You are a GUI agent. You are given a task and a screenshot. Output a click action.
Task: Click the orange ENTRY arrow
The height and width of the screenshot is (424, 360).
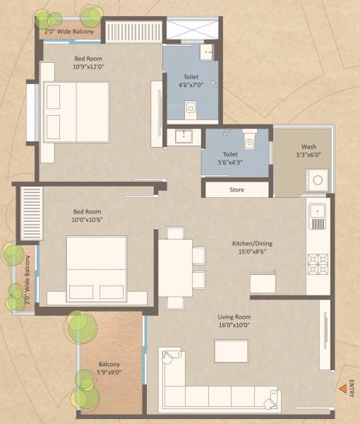[342, 388]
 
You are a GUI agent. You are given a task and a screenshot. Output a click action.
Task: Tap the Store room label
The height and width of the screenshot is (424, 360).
[236, 189]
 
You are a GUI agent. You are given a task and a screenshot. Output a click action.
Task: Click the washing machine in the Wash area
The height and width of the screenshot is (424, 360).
[318, 180]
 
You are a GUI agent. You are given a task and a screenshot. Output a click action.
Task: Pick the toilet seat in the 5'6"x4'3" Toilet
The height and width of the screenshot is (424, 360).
[248, 141]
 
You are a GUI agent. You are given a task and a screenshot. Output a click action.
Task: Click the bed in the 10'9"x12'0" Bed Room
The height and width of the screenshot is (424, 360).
[76, 112]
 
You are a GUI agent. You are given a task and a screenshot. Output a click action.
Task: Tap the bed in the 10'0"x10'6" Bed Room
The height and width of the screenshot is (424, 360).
[97, 269]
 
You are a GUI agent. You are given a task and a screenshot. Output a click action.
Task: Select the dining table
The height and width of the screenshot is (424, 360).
[174, 268]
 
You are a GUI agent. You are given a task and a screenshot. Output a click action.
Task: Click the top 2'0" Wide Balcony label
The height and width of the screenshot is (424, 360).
[68, 31]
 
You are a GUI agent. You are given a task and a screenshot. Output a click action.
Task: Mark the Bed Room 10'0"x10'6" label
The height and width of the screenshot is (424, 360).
[88, 215]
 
